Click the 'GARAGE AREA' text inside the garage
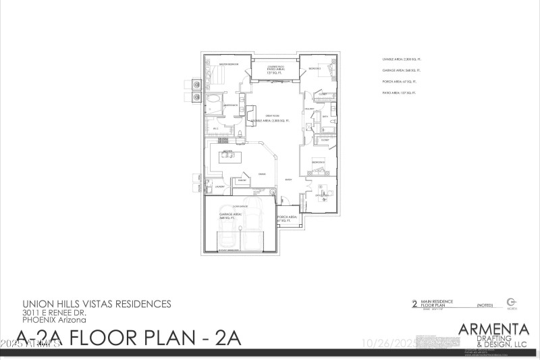click(x=226, y=216)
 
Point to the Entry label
click(x=288, y=180)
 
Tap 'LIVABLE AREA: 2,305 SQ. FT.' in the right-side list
click(x=401, y=59)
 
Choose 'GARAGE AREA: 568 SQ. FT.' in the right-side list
click(x=401, y=70)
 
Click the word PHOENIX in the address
click(x=40, y=321)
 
